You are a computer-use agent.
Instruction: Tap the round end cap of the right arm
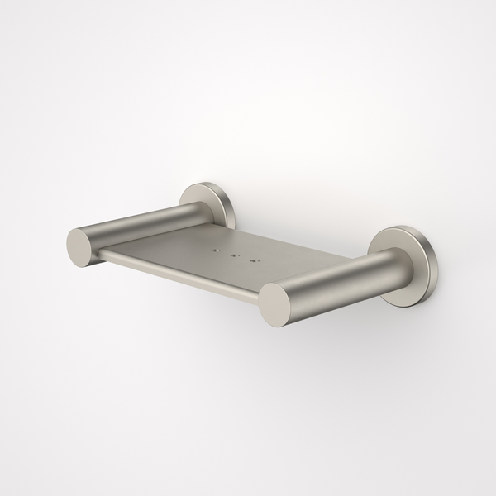coord(279,303)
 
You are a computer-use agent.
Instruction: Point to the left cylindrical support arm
coord(141,225)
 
